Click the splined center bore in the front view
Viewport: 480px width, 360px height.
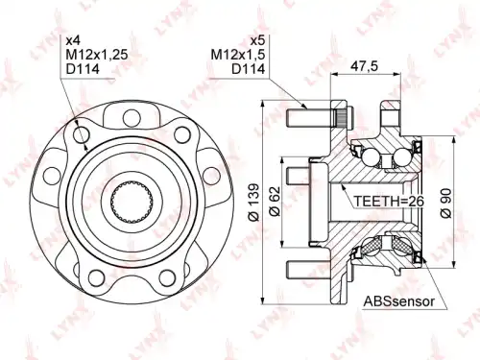click(132, 202)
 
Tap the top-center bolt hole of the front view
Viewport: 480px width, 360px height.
click(132, 117)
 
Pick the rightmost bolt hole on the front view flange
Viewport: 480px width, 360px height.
click(212, 176)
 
